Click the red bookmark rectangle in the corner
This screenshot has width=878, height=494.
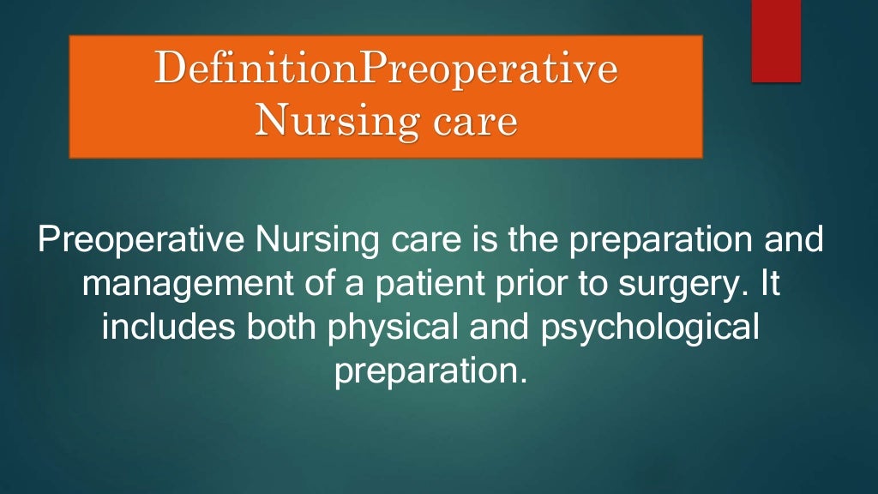pos(776,41)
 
